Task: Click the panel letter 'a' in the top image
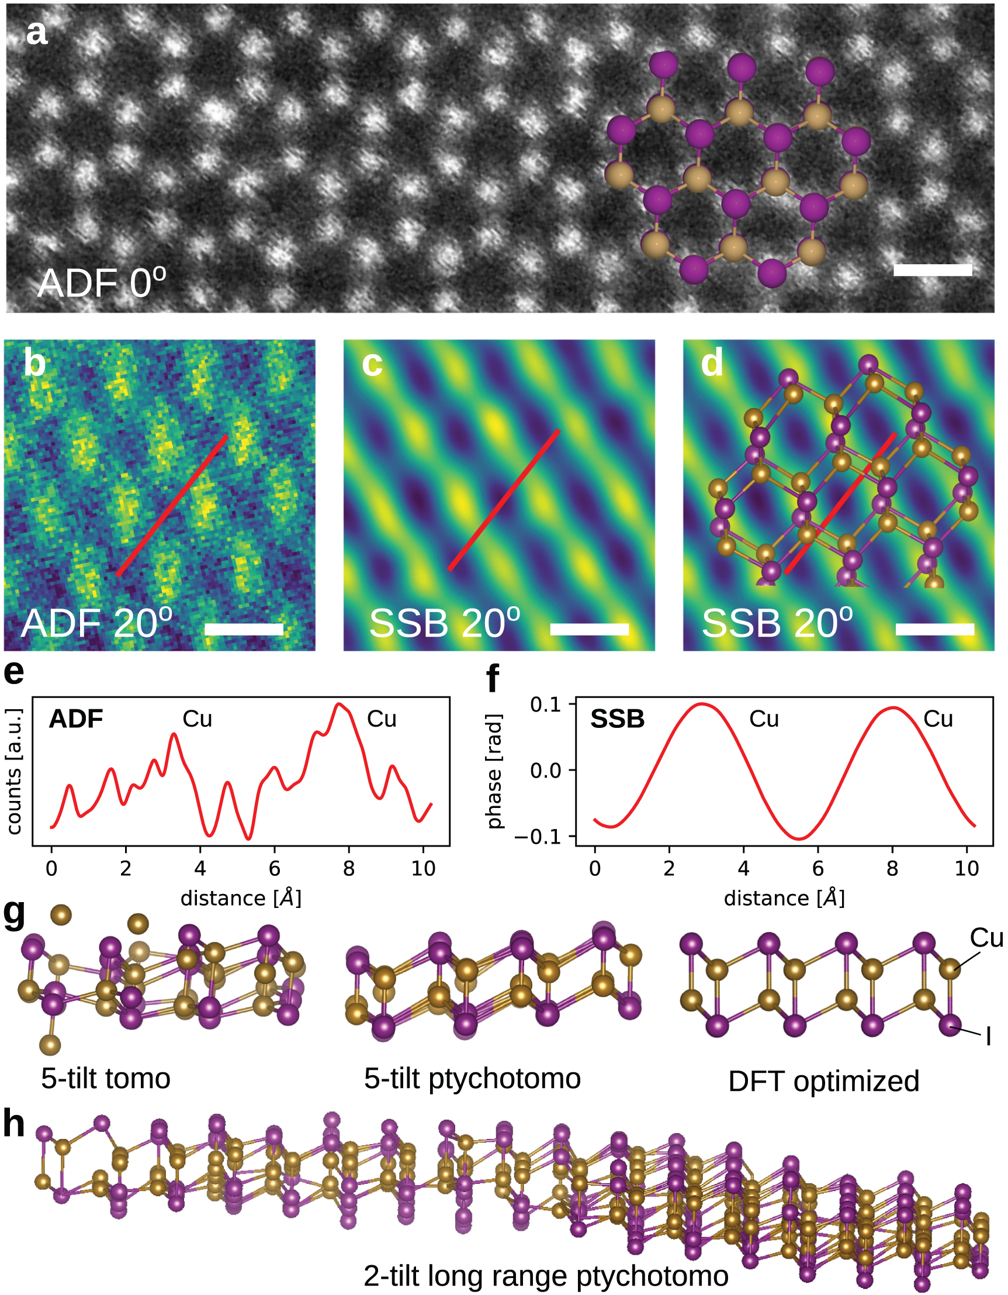[36, 33]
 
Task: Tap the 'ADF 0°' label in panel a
[101, 283]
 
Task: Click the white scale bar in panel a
[932, 270]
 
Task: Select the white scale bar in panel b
[244, 630]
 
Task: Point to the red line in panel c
[504, 500]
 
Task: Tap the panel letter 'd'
[712, 363]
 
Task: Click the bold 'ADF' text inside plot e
[76, 719]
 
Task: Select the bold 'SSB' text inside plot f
[617, 719]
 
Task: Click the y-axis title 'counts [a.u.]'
[14, 771]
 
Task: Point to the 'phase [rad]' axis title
[494, 771]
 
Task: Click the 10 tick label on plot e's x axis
[423, 869]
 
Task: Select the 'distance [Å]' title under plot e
[241, 899]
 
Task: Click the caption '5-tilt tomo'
[106, 1079]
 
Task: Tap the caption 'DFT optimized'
[823, 1082]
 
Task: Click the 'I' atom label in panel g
[988, 1037]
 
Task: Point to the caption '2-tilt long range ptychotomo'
[546, 1276]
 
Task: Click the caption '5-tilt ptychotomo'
[472, 1079]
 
